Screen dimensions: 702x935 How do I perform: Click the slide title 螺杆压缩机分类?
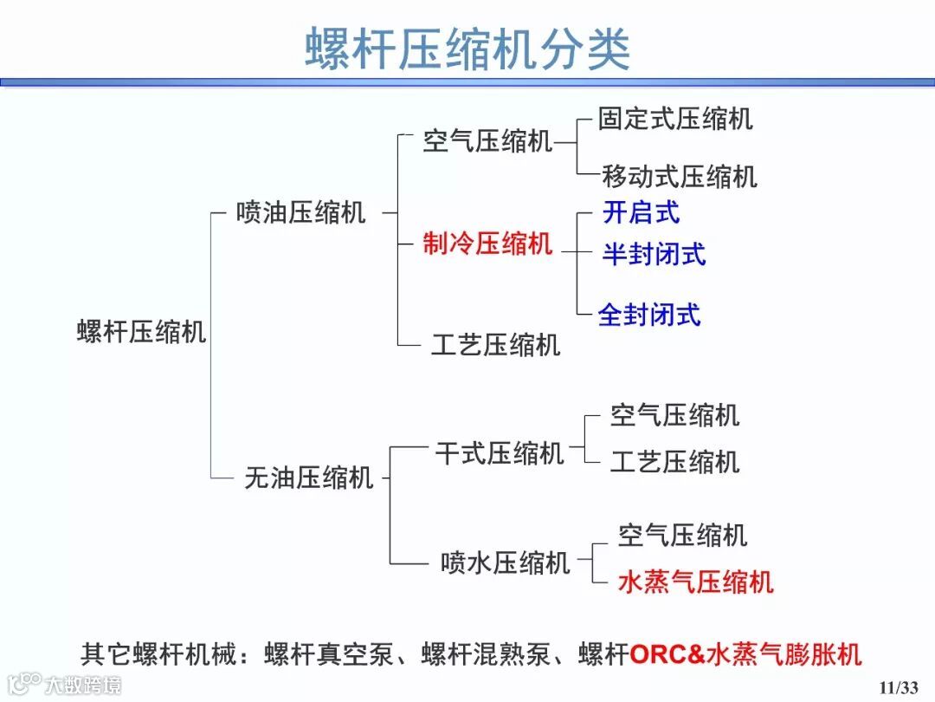tap(467, 48)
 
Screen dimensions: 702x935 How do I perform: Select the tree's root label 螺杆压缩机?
tap(142, 331)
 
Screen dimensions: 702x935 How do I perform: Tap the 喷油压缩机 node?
tap(300, 212)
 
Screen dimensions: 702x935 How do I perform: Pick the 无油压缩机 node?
tap(308, 477)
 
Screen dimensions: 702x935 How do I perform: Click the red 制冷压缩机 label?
tap(487, 244)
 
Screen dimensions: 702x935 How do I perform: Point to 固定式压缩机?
tap(675, 119)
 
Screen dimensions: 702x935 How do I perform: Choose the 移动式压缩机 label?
tap(680, 177)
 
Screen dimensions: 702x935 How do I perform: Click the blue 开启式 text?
tap(641, 212)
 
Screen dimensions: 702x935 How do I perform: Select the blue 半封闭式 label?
tap(654, 254)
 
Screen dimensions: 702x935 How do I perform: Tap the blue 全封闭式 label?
tap(649, 314)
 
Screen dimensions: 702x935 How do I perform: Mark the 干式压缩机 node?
tap(499, 452)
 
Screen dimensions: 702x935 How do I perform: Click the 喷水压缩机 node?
tap(505, 562)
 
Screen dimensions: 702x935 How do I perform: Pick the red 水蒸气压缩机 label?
tap(695, 582)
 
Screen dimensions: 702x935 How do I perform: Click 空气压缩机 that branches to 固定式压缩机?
tap(487, 140)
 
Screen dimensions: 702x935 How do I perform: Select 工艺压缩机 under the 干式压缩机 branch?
tap(674, 462)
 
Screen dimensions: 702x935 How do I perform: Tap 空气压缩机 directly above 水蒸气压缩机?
tap(682, 535)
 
